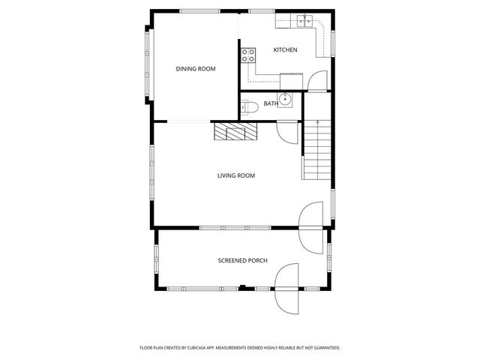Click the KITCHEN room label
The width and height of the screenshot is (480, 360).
(285, 50)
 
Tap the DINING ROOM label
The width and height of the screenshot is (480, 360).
(196, 69)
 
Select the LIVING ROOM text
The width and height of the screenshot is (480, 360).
(236, 176)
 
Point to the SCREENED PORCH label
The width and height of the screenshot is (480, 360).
(242, 261)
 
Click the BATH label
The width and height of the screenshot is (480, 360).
(270, 103)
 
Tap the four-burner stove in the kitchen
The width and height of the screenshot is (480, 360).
(247, 54)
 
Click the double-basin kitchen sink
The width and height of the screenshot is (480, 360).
(304, 20)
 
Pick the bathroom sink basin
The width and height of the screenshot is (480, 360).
(285, 99)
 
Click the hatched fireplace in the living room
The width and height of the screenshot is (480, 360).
(235, 132)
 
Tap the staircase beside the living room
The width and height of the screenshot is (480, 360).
(316, 150)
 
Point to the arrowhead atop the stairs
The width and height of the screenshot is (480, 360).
(317, 121)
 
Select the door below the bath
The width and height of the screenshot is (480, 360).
(286, 131)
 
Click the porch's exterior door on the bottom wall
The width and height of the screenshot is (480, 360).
(286, 289)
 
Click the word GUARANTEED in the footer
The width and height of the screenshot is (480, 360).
(325, 348)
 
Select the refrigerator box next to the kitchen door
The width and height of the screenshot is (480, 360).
(292, 79)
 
